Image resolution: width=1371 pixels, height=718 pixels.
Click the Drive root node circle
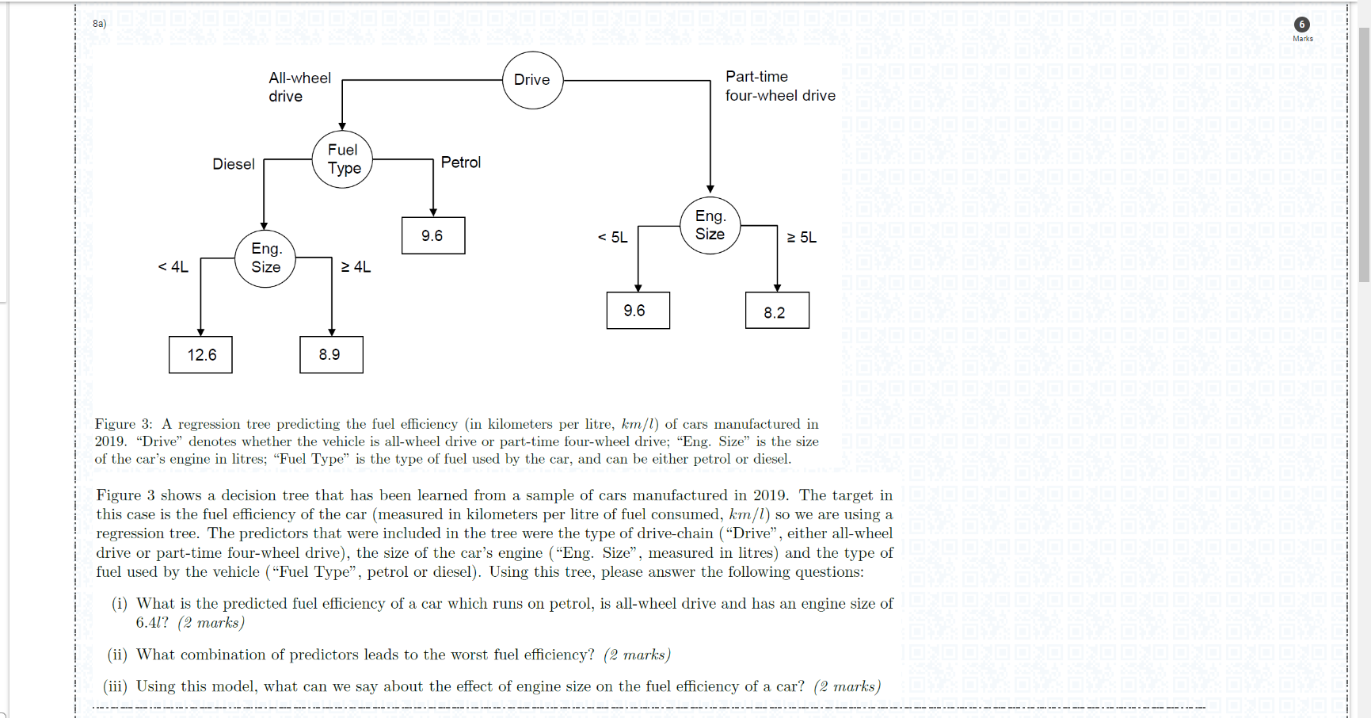tap(532, 80)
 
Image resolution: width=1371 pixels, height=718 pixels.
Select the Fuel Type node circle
tap(343, 159)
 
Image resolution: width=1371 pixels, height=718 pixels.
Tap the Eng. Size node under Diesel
tap(265, 258)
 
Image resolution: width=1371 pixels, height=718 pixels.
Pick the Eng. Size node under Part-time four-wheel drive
tap(710, 225)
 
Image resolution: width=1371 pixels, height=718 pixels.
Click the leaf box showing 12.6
tap(201, 355)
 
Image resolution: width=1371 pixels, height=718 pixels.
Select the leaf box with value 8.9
tap(331, 355)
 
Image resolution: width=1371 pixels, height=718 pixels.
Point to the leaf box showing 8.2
tap(776, 311)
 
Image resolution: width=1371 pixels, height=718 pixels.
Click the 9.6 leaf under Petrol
tap(432, 236)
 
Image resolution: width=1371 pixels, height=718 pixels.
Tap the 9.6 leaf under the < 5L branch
tap(638, 311)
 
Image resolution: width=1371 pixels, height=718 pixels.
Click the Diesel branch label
tap(234, 164)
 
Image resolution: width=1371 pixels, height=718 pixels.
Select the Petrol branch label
tap(460, 162)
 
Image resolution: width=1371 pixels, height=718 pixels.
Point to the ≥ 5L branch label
tap(802, 238)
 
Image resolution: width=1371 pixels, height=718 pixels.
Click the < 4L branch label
tap(173, 267)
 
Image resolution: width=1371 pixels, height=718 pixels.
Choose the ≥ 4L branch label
tap(356, 267)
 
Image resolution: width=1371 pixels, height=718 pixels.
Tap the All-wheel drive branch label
tap(299, 87)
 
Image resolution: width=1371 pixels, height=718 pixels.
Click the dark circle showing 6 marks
tap(1301, 25)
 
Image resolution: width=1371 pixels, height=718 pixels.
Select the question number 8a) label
tap(99, 24)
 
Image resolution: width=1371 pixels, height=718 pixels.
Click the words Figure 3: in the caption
tap(124, 424)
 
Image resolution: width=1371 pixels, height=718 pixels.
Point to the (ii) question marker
tap(117, 655)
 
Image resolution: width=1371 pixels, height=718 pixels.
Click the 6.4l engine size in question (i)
tap(151, 623)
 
